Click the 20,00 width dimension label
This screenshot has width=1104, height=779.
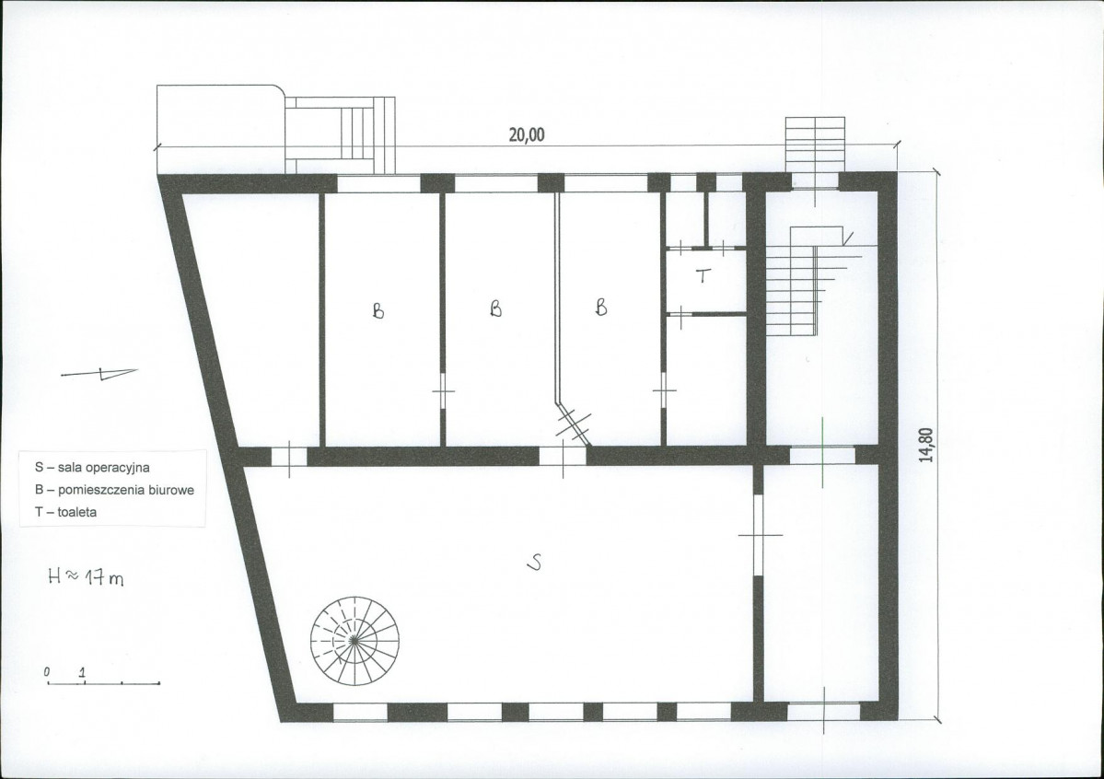pyautogui.click(x=527, y=134)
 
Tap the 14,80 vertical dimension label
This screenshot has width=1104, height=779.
pyautogui.click(x=926, y=445)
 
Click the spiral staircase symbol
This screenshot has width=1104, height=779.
pyautogui.click(x=354, y=640)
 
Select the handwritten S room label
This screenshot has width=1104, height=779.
pyautogui.click(x=535, y=562)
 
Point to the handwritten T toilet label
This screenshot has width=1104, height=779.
pyautogui.click(x=703, y=275)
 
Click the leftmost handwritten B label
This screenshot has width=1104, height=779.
pyautogui.click(x=378, y=310)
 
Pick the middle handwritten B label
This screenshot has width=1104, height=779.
pyautogui.click(x=496, y=308)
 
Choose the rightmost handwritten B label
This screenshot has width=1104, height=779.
pyautogui.click(x=600, y=308)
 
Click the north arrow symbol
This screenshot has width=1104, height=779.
pyautogui.click(x=100, y=373)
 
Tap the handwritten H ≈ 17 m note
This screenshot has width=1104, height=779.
pyautogui.click(x=86, y=577)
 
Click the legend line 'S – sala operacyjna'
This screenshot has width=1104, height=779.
pyautogui.click(x=92, y=467)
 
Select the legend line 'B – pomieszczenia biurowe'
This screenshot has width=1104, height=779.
pyautogui.click(x=115, y=490)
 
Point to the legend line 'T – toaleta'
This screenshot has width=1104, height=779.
pyautogui.click(x=66, y=512)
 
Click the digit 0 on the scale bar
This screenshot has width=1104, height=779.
pyautogui.click(x=47, y=672)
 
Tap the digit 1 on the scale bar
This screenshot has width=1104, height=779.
pyautogui.click(x=82, y=672)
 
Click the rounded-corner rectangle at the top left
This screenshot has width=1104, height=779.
pyautogui.click(x=220, y=129)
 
